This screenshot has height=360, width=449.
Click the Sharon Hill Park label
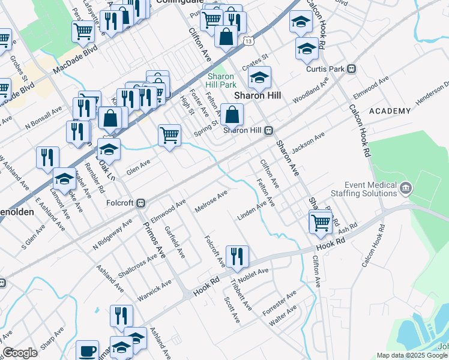click(x=221, y=80)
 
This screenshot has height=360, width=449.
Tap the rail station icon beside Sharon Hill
click(x=270, y=130)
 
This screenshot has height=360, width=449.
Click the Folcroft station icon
click(x=141, y=202)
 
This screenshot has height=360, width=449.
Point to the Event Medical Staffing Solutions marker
click(x=405, y=188)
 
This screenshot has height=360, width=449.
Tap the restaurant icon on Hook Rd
click(x=237, y=256)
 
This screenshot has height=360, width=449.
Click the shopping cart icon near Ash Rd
click(x=321, y=221)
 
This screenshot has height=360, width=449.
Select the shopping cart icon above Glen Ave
click(x=170, y=135)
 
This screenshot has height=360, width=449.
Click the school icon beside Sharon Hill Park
click(x=259, y=77)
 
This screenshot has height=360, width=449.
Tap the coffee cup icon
click(x=88, y=350)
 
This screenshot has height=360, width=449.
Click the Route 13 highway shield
click(x=248, y=41)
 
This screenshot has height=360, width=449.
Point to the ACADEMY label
click(x=390, y=111)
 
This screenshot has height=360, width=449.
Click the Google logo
click(x=20, y=353)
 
